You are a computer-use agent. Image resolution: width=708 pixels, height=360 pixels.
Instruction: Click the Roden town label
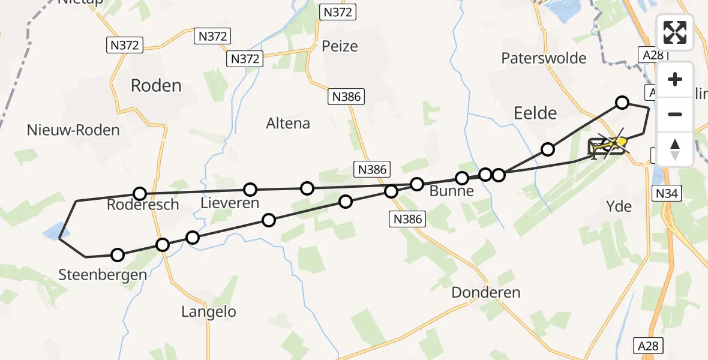pos(156,86)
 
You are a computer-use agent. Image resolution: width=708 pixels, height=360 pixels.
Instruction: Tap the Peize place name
pos(340,46)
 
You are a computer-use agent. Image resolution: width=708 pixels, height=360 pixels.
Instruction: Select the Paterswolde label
pos(544,58)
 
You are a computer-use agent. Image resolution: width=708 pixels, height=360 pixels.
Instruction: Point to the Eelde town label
pos(535,113)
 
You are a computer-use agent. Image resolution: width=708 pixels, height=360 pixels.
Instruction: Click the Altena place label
pos(288,124)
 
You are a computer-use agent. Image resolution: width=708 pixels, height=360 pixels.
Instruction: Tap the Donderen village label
pos(485,293)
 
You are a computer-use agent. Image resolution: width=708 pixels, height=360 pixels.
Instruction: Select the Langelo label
pos(208,312)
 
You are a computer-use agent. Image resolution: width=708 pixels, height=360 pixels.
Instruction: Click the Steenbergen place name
pos(103,275)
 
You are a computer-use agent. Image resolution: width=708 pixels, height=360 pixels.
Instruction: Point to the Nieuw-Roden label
pos(73,130)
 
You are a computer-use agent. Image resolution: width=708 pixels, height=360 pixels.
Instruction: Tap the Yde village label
pos(619,207)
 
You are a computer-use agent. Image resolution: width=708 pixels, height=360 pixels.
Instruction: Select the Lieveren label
pos(230,203)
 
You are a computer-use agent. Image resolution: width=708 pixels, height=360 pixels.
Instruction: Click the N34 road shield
pos(667,193)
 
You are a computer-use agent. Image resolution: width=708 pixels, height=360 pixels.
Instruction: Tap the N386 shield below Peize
pos(346,95)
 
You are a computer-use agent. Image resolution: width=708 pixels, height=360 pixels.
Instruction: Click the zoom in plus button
pos(675,79)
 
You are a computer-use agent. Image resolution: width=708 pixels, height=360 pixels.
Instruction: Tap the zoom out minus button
pos(675,114)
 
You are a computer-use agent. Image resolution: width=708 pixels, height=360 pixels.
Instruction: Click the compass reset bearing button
pos(675,148)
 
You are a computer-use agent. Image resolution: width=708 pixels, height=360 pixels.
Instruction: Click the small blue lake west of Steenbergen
pos(53,229)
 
